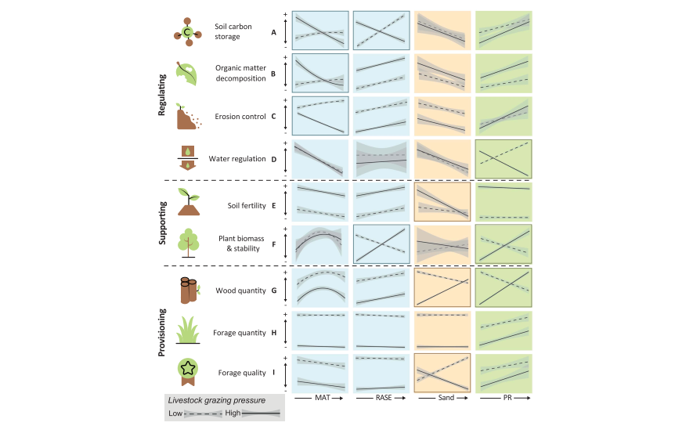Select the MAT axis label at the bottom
point(307,399)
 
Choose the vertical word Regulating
point(162,96)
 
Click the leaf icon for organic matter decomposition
point(187,73)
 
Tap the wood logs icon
point(187,290)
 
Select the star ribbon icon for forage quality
point(187,370)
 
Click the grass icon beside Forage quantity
point(187,330)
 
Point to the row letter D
point(273,159)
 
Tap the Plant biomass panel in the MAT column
point(319,244)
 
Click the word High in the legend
point(233,413)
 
